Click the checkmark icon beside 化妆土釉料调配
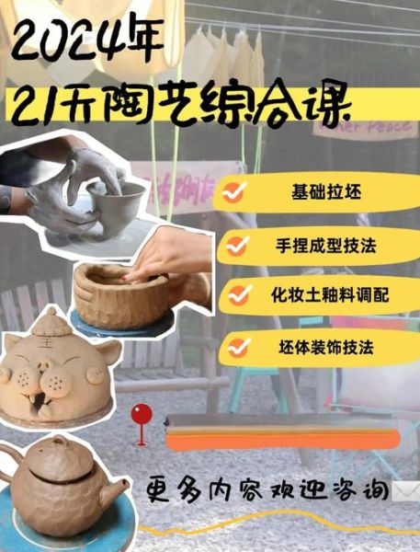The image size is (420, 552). point(241,295)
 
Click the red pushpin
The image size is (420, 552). point(141,413)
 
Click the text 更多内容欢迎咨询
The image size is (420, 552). point(267,489)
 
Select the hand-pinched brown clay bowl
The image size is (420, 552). point(119,294)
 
